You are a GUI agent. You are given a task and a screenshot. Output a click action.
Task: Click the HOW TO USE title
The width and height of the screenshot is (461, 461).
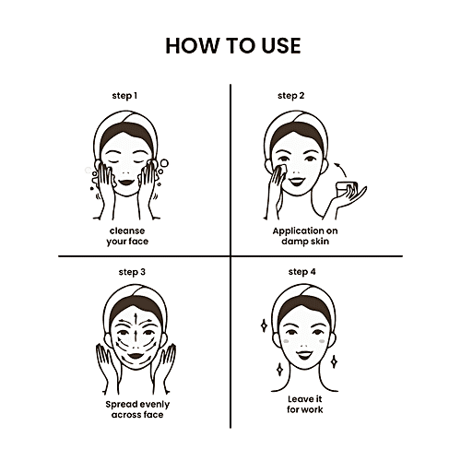pos(233,46)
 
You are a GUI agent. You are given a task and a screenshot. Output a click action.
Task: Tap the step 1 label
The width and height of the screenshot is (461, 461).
pos(124,96)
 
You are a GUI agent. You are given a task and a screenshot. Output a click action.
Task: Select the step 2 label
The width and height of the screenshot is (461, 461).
pos(290,96)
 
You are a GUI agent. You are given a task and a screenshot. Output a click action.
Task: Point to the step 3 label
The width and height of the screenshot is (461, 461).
pos(132,272)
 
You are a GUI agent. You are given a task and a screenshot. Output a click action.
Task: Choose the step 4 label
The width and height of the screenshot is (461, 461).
pos(301,272)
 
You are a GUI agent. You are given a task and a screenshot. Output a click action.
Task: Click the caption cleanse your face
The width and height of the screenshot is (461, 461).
pos(127,236)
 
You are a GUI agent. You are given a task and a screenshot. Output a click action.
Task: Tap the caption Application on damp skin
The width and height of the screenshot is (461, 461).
pos(305,236)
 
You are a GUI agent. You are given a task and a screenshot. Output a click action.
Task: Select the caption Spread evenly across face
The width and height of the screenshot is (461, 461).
pos(137,409)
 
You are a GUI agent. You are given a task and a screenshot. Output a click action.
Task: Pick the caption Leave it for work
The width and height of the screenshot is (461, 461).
pos(305,404)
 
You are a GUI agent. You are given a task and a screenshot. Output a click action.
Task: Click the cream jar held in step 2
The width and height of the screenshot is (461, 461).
pos(347,189)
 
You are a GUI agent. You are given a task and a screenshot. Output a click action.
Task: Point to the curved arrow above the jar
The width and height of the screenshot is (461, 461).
pos(340,169)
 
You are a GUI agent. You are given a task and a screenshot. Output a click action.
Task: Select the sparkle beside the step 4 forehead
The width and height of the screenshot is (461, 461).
pos(264,325)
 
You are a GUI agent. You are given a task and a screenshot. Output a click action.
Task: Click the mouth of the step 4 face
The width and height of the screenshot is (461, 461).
pos(304,355)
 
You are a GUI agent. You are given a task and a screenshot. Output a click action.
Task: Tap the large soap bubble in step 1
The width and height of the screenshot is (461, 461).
pos(164,163)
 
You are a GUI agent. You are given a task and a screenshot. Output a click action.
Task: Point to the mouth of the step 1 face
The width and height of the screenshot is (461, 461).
pos(126,182)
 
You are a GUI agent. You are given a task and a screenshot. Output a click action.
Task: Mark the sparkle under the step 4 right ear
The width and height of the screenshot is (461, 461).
pos(335,361)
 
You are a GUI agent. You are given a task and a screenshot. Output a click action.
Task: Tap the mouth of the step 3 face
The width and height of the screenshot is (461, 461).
pos(136,356)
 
